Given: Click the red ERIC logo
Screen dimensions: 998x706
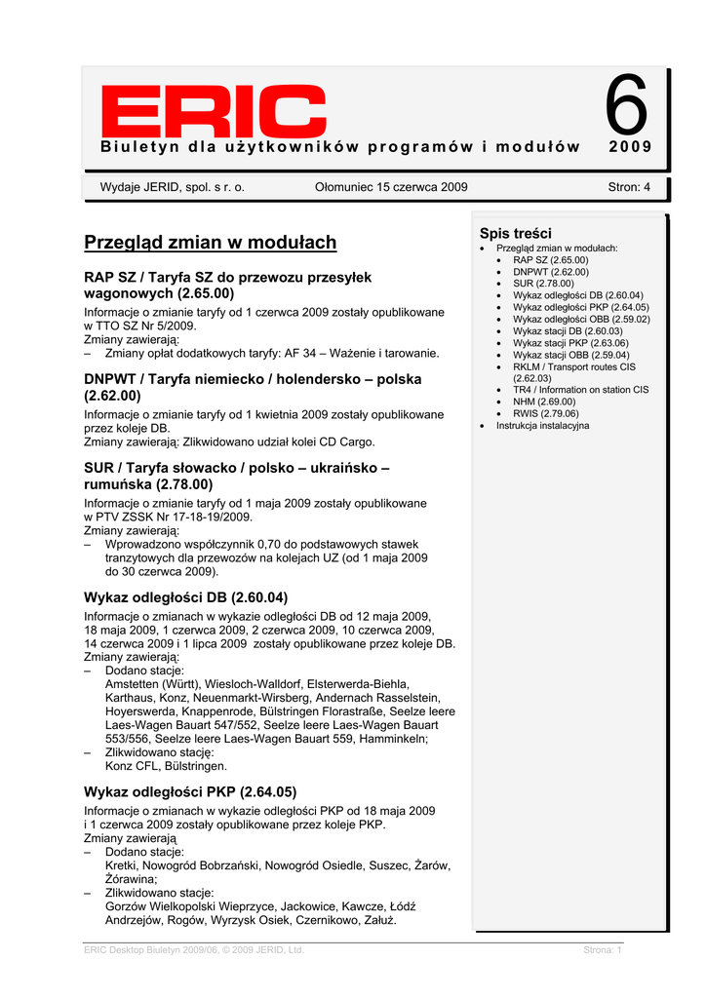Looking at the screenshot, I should click(214, 111).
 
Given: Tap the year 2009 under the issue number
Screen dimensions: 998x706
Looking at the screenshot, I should click(630, 147).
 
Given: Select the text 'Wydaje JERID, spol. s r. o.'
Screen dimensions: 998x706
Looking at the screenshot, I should click(173, 187).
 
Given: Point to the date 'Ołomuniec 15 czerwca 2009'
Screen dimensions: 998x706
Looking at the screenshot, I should click(392, 187).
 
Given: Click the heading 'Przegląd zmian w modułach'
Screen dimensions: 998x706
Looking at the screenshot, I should click(210, 242).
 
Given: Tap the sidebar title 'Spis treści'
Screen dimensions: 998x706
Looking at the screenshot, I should click(516, 234).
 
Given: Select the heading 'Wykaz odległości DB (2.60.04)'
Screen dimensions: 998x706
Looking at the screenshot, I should click(186, 596).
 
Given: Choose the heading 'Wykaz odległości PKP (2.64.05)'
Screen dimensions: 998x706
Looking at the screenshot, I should click(190, 791).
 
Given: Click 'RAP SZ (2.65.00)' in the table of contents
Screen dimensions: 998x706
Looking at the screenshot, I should click(551, 260).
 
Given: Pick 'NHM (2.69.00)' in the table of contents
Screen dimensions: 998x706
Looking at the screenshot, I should click(544, 402).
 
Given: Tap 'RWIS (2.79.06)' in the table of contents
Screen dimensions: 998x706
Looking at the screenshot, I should click(547, 413).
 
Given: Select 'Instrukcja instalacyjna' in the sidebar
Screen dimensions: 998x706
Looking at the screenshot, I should click(542, 426).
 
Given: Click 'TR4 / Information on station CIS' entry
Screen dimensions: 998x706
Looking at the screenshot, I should click(580, 390).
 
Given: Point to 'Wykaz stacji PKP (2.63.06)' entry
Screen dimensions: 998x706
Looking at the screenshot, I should click(570, 343).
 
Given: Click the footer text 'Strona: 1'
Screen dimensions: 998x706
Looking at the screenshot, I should click(603, 949).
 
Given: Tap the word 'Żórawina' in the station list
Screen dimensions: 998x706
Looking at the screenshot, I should click(129, 878).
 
